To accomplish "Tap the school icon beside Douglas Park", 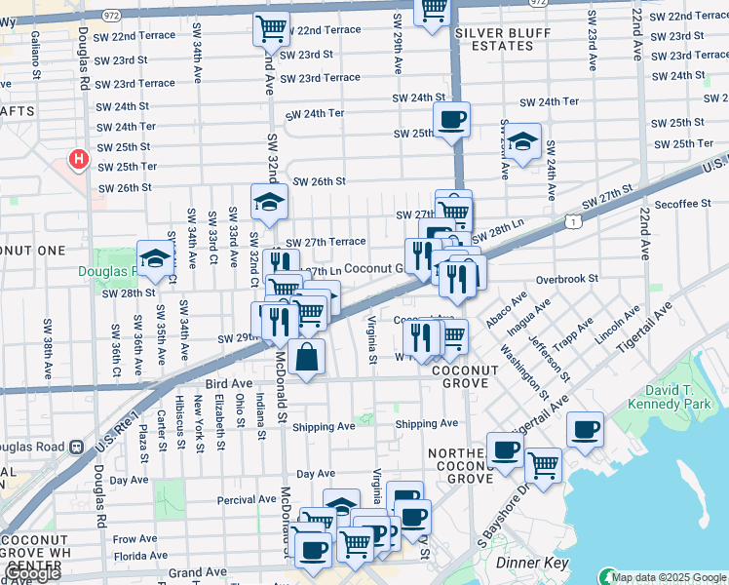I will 155,259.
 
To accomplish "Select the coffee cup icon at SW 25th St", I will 451,121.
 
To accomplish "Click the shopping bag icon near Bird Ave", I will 306,357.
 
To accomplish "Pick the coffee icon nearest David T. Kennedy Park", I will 585,430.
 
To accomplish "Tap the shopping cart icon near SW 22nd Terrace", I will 272,27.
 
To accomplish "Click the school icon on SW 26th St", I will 269,202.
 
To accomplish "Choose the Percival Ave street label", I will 219,499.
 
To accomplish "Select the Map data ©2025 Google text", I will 669,577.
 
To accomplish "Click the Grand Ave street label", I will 196,574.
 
